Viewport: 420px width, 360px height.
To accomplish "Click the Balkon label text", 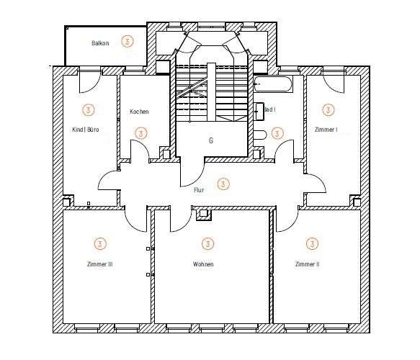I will [x=100, y=43].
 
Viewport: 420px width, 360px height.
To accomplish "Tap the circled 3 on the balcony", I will [x=128, y=41].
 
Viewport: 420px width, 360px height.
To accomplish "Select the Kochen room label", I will [x=139, y=112].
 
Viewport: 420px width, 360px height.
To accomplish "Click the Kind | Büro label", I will [x=86, y=130].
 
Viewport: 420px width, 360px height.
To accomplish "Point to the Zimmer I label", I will [x=326, y=130].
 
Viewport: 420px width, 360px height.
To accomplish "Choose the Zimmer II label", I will [x=307, y=264].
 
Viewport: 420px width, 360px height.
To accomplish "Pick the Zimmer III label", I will [x=99, y=264].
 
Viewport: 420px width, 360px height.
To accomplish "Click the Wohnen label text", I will [x=203, y=264].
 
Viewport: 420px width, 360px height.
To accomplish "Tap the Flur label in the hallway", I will [x=199, y=190].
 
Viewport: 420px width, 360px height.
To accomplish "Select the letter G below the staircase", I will [x=211, y=140].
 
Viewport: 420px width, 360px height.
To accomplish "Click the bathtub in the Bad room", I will [x=273, y=84].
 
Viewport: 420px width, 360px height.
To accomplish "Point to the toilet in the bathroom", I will [x=260, y=134].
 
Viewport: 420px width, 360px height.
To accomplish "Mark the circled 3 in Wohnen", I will [x=207, y=243].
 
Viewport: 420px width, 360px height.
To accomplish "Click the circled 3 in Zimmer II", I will [x=312, y=243].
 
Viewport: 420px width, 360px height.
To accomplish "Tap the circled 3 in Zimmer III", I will [x=99, y=243].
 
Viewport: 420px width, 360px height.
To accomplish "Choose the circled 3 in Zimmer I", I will [x=328, y=110].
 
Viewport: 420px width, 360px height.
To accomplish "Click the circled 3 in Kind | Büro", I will [x=88, y=110].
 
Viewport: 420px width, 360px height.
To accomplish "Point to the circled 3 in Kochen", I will [x=140, y=133].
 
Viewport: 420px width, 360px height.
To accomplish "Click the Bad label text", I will [x=270, y=110].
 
